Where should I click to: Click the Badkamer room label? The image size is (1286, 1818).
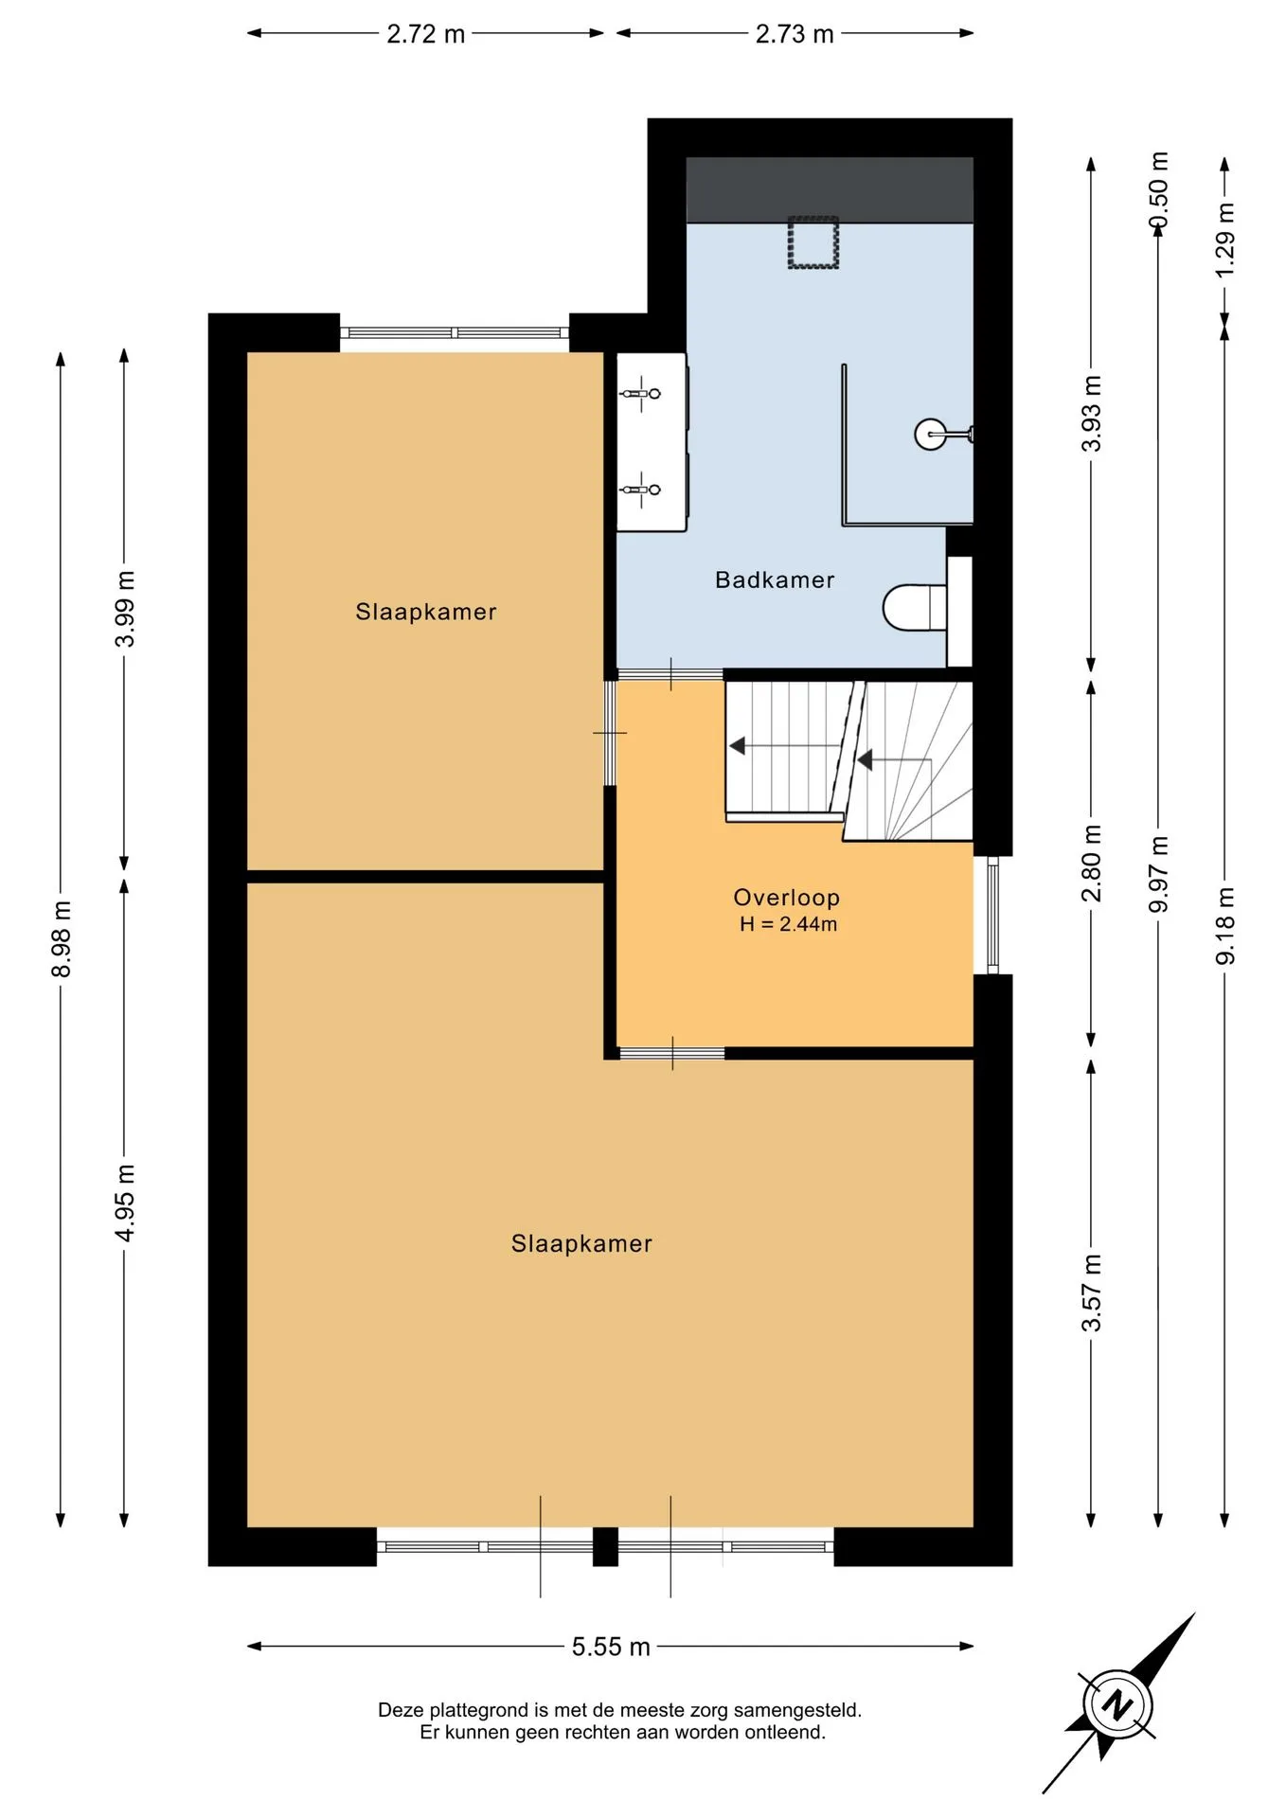tap(775, 579)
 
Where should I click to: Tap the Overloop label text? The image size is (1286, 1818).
tap(787, 898)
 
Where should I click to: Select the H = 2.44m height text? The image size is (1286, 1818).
tap(789, 924)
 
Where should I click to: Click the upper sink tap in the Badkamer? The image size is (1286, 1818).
tap(641, 393)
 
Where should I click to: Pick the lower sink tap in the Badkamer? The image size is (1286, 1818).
tap(641, 490)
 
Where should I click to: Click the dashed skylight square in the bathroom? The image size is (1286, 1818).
tap(813, 242)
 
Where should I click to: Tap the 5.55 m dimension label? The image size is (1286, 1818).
tap(611, 1647)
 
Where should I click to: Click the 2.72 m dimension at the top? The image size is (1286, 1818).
tap(425, 34)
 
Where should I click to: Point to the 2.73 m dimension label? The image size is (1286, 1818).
tap(795, 34)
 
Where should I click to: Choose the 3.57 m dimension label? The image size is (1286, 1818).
tap(1092, 1292)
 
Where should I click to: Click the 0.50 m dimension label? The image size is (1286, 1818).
tap(1158, 190)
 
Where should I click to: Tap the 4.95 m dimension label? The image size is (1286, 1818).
tap(125, 1203)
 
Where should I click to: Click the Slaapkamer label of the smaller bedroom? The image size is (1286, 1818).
tap(426, 612)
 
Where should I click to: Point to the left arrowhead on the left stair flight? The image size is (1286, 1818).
tap(737, 746)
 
